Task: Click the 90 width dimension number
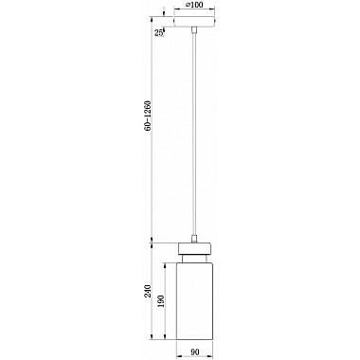pos(195,351)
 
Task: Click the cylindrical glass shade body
pos(194,303)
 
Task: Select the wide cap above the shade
pos(194,248)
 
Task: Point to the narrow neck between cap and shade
pos(194,257)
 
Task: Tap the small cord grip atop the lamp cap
pos(194,237)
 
